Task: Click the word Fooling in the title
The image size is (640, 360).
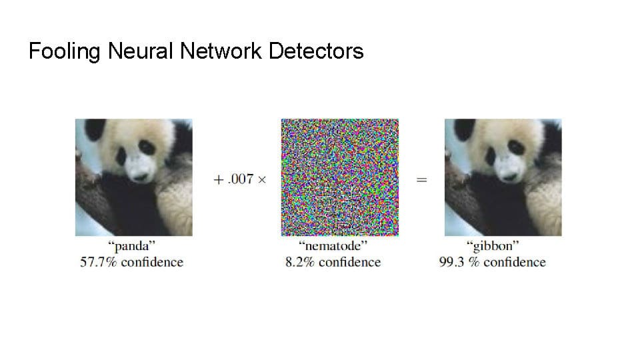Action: pyautogui.click(x=65, y=52)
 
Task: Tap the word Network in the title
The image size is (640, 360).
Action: pyautogui.click(x=221, y=51)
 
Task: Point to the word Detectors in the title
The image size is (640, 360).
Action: pyautogui.click(x=316, y=51)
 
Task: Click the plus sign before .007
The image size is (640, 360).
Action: pyautogui.click(x=219, y=179)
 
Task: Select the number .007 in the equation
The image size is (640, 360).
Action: pyautogui.click(x=241, y=179)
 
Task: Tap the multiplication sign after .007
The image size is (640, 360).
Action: pyautogui.click(x=262, y=179)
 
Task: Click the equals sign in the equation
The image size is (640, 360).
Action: pyautogui.click(x=421, y=179)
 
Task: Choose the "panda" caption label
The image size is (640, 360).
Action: pyautogui.click(x=131, y=246)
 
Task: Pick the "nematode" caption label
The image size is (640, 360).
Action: pyautogui.click(x=333, y=246)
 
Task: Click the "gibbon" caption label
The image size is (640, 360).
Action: pyautogui.click(x=493, y=246)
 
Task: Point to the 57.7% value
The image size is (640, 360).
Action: pyautogui.click(x=99, y=262)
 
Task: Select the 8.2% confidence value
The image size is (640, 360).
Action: pyautogui.click(x=299, y=262)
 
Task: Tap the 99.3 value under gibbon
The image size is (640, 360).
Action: pyautogui.click(x=452, y=262)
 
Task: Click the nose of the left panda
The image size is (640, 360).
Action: pyautogui.click(x=140, y=176)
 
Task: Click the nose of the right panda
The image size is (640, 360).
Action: pyautogui.click(x=509, y=176)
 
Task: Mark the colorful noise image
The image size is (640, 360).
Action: pyautogui.click(x=339, y=177)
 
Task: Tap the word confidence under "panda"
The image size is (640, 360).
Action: pyautogui.click(x=152, y=262)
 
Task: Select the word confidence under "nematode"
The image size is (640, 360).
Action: pyautogui.click(x=350, y=262)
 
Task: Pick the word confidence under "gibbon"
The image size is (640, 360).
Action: pyautogui.click(x=515, y=262)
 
